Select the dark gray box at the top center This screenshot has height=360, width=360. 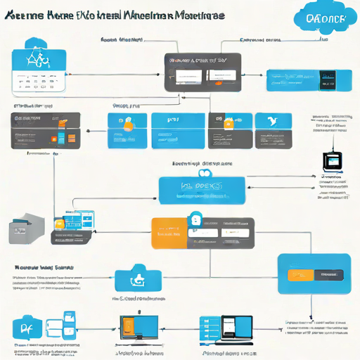(x=200, y=72)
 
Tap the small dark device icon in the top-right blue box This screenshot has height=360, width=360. (x=326, y=79)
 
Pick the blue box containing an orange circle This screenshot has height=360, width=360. (x=127, y=129)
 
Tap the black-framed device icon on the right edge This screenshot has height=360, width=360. (x=330, y=162)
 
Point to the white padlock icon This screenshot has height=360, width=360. (x=195, y=222)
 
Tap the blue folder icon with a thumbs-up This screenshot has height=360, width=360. (x=138, y=278)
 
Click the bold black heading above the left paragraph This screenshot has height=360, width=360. (x=44, y=267)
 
